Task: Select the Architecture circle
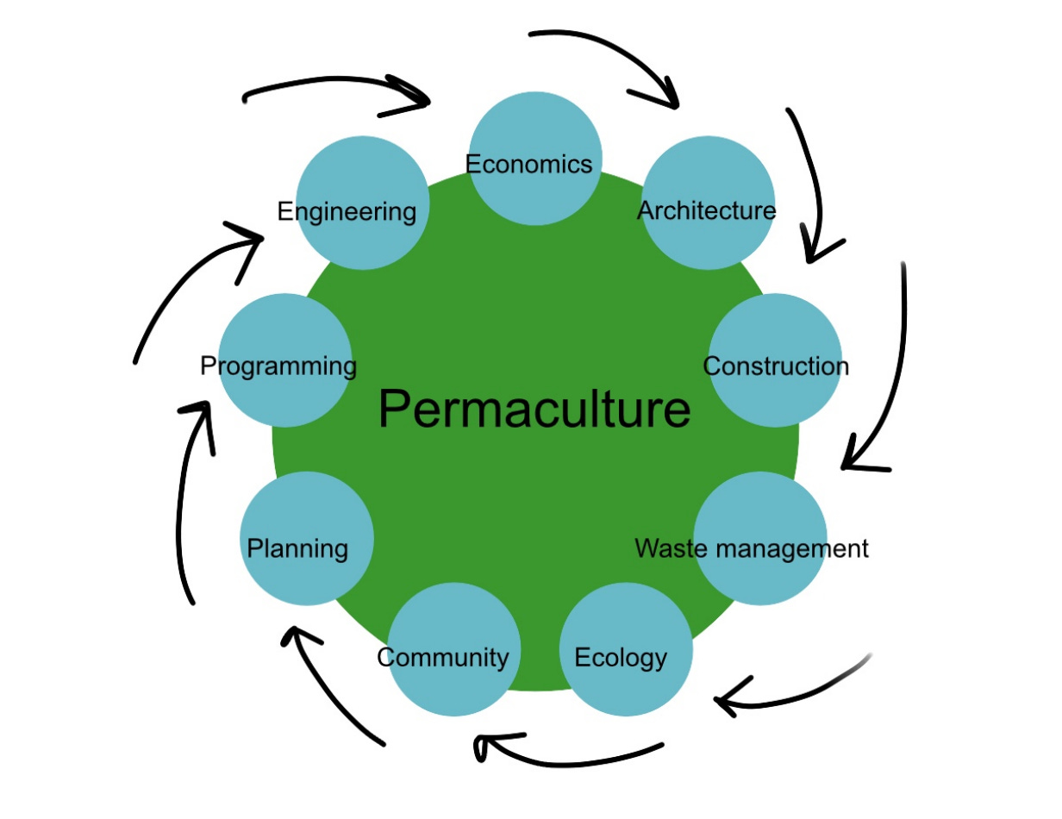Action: click(x=709, y=201)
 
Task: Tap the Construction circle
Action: click(x=775, y=360)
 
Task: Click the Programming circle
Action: click(x=285, y=360)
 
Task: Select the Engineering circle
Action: click(x=361, y=202)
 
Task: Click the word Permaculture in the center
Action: click(x=534, y=409)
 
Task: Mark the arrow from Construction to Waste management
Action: click(x=893, y=371)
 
